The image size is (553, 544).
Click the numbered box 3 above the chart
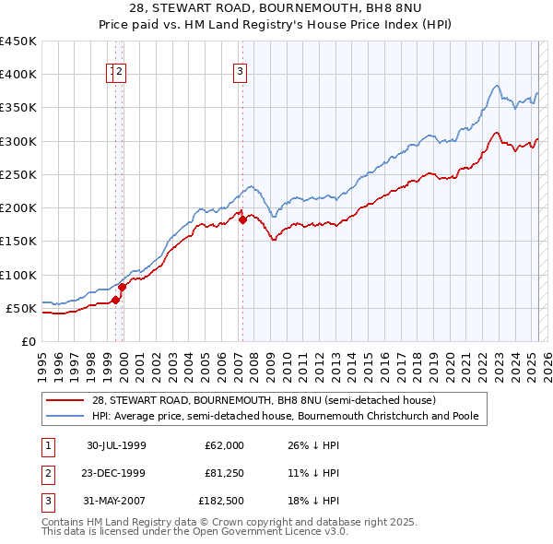point(240,74)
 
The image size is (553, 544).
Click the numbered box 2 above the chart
point(120,74)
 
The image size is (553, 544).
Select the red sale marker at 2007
point(242,219)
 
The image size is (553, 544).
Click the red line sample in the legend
point(65,400)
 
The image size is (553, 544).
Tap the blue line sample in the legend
point(65,416)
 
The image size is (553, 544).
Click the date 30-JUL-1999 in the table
point(117,445)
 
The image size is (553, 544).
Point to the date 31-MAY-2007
point(117,501)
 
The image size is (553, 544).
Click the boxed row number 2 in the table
point(47,473)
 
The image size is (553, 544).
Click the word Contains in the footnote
point(65,522)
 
